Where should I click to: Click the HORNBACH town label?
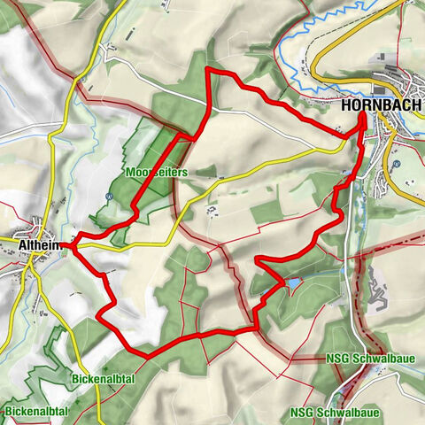[x=382, y=104]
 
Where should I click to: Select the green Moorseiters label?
[x=156, y=174]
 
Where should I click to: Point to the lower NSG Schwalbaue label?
[x=335, y=413]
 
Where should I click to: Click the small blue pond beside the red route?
[x=291, y=283]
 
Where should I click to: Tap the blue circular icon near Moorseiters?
[x=109, y=197]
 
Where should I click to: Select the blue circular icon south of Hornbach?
[x=398, y=163]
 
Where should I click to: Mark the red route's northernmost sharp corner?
[x=207, y=68]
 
